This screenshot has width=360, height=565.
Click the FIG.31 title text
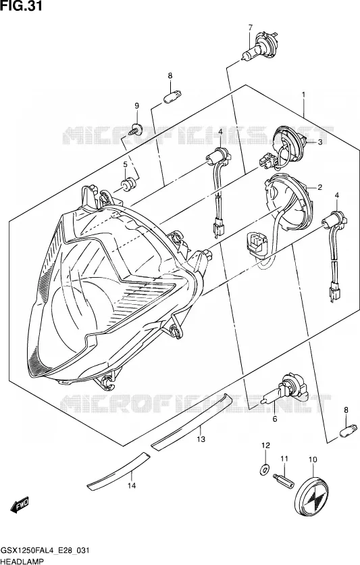click(x=21, y=6)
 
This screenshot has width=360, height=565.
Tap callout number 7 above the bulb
click(x=250, y=27)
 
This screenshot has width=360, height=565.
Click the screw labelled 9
click(x=136, y=129)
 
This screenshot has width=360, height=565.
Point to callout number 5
click(x=125, y=164)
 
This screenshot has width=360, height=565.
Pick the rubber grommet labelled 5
click(x=128, y=185)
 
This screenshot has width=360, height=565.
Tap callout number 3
click(x=319, y=143)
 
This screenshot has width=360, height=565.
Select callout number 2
click(x=319, y=187)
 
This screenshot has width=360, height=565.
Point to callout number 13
click(x=201, y=439)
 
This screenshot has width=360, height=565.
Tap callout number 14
click(x=132, y=486)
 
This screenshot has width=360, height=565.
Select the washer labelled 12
click(x=265, y=468)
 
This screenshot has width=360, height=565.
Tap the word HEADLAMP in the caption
click(x=22, y=561)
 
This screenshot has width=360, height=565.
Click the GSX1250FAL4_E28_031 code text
click(x=45, y=551)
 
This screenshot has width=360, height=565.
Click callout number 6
click(x=275, y=419)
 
